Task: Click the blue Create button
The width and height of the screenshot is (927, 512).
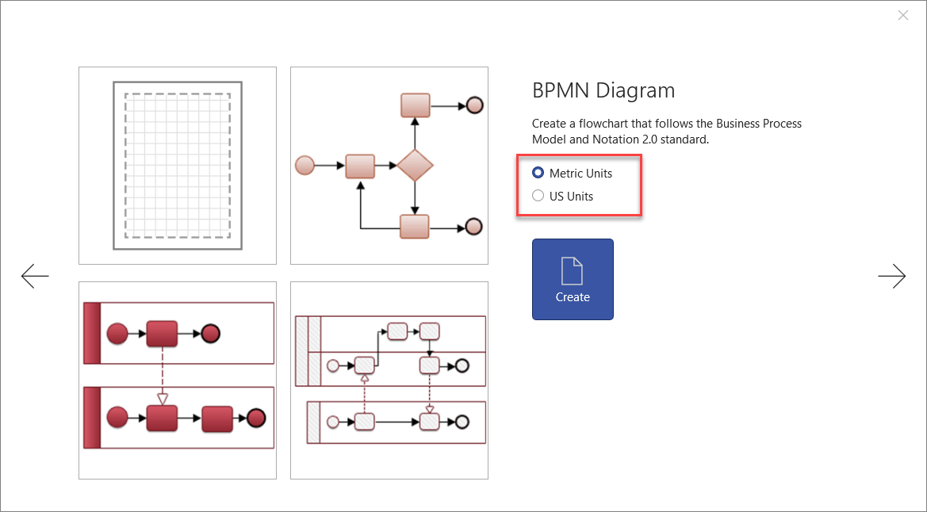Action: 573,279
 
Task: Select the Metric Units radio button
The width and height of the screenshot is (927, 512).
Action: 538,173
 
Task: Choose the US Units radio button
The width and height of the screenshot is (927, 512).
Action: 538,196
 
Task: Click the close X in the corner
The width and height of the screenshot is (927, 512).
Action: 902,15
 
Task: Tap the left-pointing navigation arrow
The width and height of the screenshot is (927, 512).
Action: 35,276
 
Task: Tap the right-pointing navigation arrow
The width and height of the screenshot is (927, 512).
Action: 891,276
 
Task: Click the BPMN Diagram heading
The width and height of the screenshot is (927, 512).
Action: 603,90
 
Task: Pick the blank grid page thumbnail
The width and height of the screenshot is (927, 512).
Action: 178,165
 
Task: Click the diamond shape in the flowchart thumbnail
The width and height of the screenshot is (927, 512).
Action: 415,166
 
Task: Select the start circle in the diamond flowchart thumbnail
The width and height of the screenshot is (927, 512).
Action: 305,166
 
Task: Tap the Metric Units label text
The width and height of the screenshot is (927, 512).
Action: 580,173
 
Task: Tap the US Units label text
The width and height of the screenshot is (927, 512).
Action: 571,196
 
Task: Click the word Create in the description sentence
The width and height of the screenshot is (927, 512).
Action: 548,124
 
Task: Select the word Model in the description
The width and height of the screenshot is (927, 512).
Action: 548,139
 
